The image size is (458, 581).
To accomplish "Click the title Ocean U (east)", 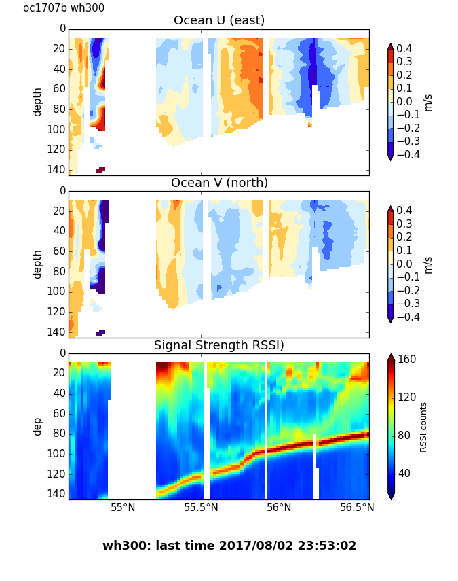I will point(219,20).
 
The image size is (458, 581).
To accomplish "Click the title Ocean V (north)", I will point(219,183).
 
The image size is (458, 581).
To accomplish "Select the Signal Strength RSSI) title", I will point(219,345).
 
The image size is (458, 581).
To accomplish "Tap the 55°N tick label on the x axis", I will point(123,508).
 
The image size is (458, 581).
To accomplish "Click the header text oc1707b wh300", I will point(64,8).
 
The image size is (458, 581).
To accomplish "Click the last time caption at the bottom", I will point(229,546).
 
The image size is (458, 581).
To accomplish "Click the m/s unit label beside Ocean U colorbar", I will point(427,102).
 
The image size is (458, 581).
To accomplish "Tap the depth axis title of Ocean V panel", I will point(38,264).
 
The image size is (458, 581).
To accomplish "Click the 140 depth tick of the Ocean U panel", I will point(58,169).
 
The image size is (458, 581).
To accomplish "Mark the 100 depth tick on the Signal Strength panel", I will point(58,453).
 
